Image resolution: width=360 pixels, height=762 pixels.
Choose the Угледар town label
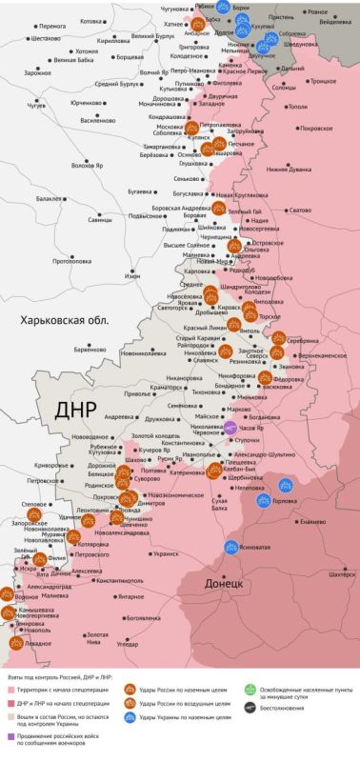127,644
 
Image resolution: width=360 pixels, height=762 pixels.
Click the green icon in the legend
250,689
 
